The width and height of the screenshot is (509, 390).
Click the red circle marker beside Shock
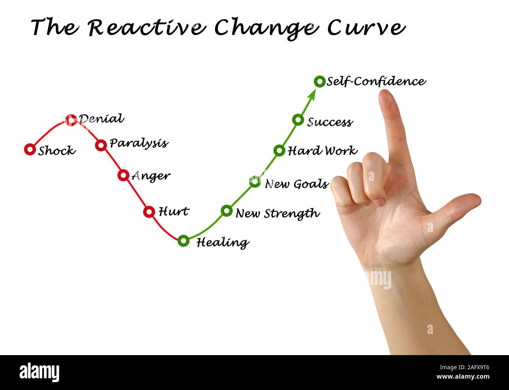[x=30, y=149]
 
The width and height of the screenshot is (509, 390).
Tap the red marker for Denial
[x=71, y=120]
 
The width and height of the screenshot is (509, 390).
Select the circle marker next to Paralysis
[x=101, y=145]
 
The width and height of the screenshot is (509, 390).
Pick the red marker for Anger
[x=123, y=175]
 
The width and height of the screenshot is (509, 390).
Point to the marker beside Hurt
[x=149, y=212]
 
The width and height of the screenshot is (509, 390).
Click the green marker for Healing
[x=183, y=241]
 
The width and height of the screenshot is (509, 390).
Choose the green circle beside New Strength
[x=226, y=211]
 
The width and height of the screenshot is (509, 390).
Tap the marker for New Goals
[x=255, y=181]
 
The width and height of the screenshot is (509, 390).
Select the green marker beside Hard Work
[x=279, y=150]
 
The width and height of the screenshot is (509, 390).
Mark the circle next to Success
[x=298, y=120]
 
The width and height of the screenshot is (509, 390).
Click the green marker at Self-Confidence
[x=319, y=82]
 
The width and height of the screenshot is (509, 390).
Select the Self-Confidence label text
[x=376, y=82]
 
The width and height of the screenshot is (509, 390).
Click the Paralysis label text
[x=139, y=143]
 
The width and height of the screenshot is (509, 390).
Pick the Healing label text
[x=222, y=243]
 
